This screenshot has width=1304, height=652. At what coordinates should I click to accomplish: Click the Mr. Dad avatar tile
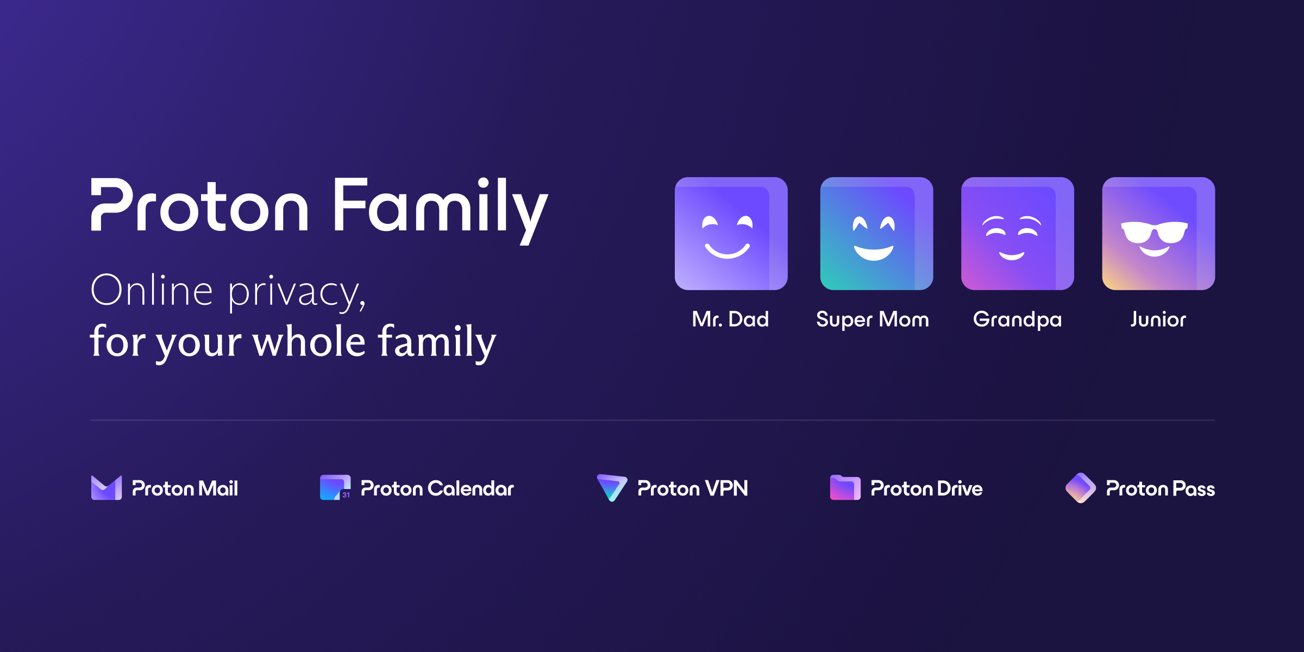tap(731, 234)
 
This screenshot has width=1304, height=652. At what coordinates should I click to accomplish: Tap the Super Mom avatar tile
tap(876, 234)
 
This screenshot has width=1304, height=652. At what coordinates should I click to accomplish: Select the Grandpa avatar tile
tap(1018, 234)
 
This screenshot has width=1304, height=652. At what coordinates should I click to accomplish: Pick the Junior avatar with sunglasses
tap(1158, 234)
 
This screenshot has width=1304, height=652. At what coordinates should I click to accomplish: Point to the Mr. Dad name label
tap(731, 319)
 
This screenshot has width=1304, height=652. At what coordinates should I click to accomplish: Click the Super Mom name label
tap(873, 320)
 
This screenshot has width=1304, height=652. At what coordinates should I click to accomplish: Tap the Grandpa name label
tap(1018, 320)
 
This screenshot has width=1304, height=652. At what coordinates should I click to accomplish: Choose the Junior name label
tap(1158, 319)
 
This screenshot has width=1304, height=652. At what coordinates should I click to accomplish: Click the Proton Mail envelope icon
tap(106, 488)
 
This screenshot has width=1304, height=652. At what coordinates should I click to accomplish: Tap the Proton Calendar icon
tap(335, 487)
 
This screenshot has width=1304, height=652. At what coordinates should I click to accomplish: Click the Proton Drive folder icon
tap(845, 487)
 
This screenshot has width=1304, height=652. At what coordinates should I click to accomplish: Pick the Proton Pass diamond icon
tap(1081, 488)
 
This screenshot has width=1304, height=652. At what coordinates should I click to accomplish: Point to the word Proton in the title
tap(200, 205)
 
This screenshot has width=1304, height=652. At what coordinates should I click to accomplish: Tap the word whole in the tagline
tap(309, 341)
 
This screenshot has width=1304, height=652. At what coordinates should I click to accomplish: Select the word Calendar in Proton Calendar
tap(471, 488)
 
